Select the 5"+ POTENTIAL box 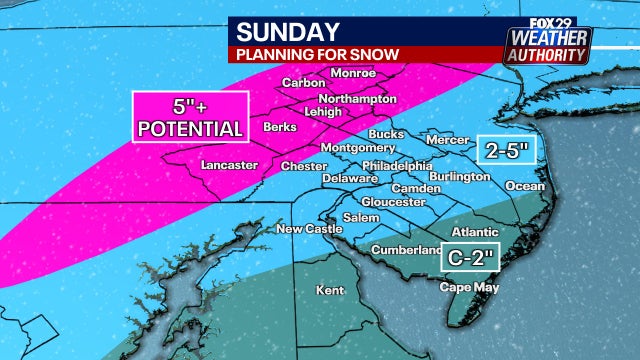(x=190, y=116)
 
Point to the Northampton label (x=358, y=100)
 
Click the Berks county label (x=279, y=128)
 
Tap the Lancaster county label (x=229, y=165)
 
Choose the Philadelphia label (x=397, y=165)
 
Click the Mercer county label (x=446, y=140)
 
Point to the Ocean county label (x=526, y=186)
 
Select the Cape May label (x=467, y=287)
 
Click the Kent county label (x=329, y=290)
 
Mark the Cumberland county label (x=405, y=249)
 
